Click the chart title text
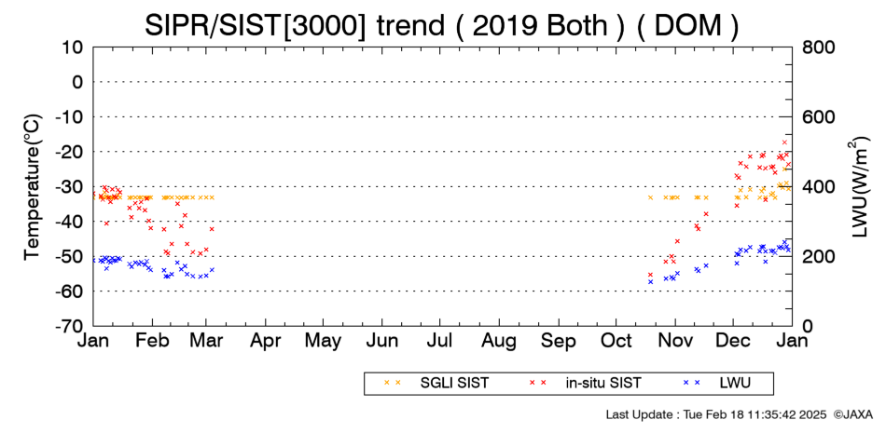point(441,25)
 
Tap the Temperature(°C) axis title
point(33,187)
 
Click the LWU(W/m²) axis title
point(860,187)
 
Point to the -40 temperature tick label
point(70,222)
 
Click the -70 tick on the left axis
point(70,326)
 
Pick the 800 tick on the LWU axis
point(818,47)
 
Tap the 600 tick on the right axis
point(818,116)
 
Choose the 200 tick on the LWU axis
point(818,257)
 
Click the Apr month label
point(265,342)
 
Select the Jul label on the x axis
point(439,341)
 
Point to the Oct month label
point(616,341)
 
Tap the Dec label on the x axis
point(733,341)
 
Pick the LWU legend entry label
point(735,384)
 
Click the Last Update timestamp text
point(716,414)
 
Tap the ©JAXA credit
point(853,414)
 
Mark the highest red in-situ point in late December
point(784,142)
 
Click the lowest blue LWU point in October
point(650,281)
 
